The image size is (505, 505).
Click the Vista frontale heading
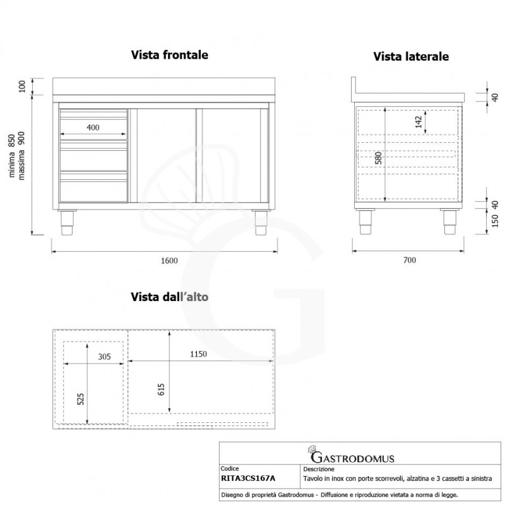pos(170,55)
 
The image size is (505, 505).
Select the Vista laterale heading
pos(411,57)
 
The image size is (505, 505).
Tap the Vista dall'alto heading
pos(170,295)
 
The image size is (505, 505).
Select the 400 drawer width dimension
pos(93,128)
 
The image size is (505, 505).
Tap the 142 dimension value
pos(419,122)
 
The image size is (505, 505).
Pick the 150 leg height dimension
pos(495,221)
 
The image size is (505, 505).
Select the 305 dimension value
pos(104,357)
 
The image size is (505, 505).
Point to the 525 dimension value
pos(80,399)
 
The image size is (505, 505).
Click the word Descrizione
pos(318,470)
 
